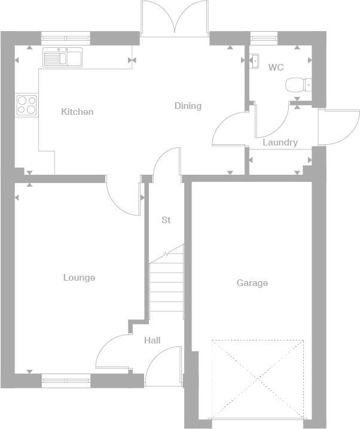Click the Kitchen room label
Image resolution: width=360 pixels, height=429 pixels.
pyautogui.click(x=77, y=112)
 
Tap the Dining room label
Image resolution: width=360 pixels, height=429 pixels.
pyautogui.click(x=188, y=106)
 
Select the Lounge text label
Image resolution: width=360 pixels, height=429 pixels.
pyautogui.click(x=79, y=278)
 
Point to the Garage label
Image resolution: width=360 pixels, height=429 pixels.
pyautogui.click(x=252, y=283)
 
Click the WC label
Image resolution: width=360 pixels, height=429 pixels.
pyautogui.click(x=276, y=68)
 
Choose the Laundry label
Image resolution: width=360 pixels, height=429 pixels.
pyautogui.click(x=280, y=142)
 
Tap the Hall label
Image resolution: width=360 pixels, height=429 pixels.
pyautogui.click(x=152, y=340)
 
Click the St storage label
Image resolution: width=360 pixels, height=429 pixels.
pyautogui.click(x=166, y=220)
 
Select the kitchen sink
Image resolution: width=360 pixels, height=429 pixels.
pyautogui.click(x=63, y=58)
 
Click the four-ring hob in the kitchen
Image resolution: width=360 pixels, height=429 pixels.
pyautogui.click(x=26, y=105)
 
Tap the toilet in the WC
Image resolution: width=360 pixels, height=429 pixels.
pyautogui.click(x=298, y=86)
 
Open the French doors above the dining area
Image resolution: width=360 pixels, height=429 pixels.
pyautogui.click(x=175, y=18)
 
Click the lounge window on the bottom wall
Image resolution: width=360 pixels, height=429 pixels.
pyautogui.click(x=66, y=378)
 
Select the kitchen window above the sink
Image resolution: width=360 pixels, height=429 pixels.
pyautogui.click(x=66, y=38)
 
